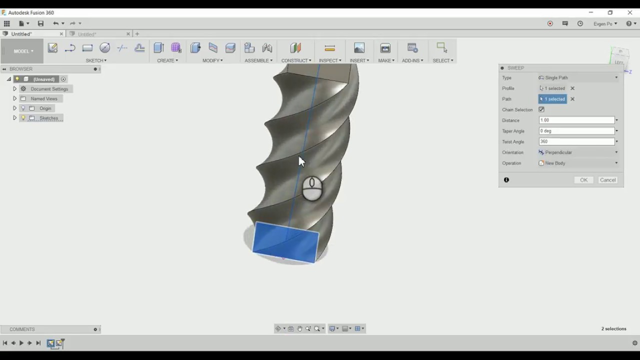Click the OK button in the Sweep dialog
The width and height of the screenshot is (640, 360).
coord(583,180)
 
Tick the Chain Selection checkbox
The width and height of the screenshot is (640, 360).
coord(541,109)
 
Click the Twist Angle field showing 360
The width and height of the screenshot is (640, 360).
coord(576,141)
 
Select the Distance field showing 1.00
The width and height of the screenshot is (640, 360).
coord(576,120)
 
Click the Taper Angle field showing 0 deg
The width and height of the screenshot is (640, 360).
coord(576,131)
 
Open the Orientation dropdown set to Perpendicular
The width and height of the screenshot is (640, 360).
coord(578,152)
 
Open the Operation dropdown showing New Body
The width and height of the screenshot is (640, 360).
coord(578,163)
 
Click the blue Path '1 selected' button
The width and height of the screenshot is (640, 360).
coord(552,99)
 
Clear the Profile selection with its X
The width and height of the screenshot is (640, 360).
coord(572,88)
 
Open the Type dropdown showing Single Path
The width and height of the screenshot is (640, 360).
coord(578,77)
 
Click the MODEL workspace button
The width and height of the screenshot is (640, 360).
coord(23,51)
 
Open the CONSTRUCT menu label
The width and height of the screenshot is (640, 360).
coord(296,60)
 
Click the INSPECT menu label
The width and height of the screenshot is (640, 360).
coord(330,60)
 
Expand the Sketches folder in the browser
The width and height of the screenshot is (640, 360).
coord(14,118)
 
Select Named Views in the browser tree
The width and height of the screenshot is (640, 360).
coord(44,98)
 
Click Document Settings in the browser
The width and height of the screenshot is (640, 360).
coord(49,89)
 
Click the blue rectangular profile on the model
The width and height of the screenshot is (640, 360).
coord(285,243)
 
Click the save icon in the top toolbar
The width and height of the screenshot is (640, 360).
coord(40,23)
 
